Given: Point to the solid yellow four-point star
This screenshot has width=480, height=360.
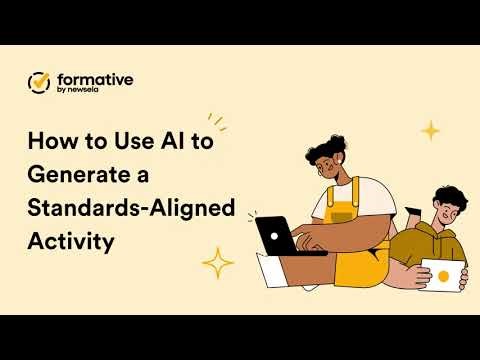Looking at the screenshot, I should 430,130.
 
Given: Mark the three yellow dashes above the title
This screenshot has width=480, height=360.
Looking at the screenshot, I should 216,122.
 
